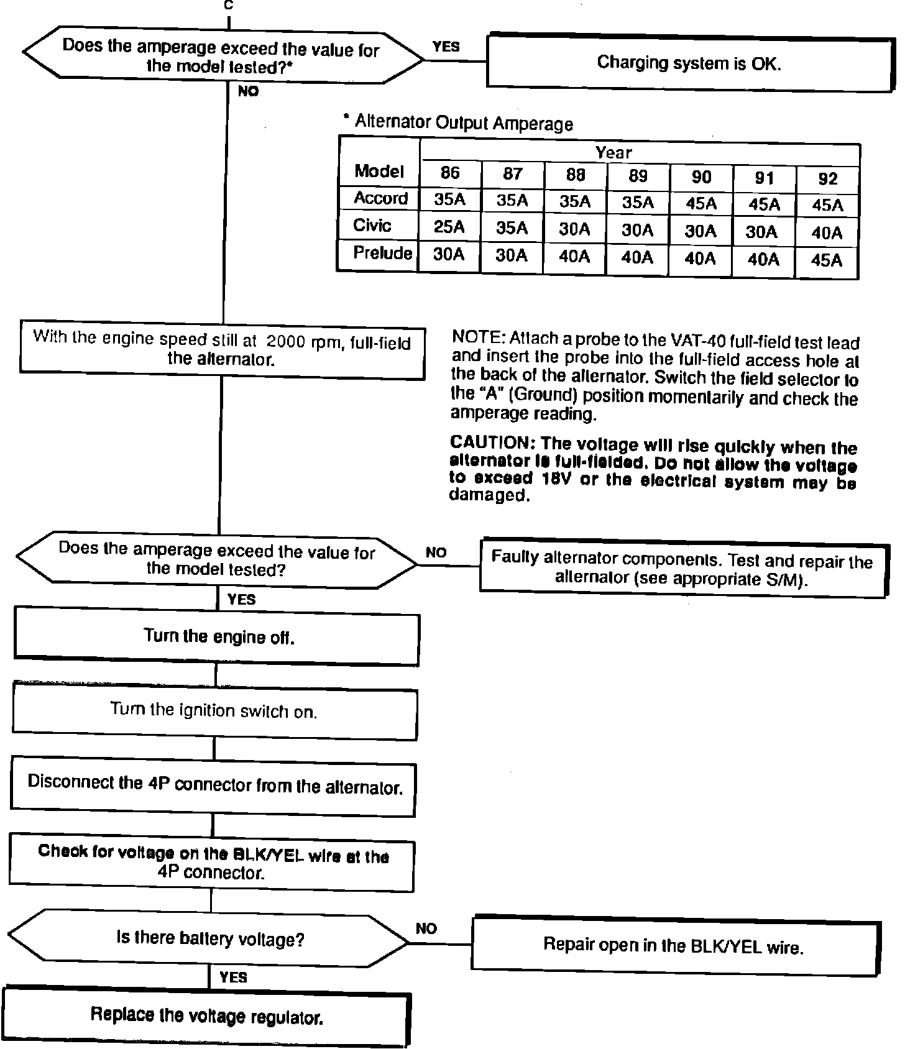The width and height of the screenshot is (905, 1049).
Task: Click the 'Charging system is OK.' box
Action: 689,63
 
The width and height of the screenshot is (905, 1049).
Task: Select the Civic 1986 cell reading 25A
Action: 449,227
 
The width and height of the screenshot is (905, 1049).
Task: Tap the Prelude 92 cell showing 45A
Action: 827,260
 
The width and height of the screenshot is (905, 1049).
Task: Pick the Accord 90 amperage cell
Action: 701,204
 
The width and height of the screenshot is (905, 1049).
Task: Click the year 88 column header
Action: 576,175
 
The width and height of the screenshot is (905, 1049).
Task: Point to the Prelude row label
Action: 382,254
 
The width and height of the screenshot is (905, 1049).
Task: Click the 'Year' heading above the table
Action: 613,153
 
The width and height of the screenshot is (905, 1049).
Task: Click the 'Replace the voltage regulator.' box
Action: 207,1017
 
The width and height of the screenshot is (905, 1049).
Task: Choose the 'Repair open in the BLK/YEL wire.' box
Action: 674,945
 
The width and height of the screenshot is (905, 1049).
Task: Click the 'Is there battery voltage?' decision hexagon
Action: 209,938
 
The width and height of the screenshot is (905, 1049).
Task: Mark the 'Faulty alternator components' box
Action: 682,569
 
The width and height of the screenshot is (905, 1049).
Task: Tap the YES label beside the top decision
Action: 446,47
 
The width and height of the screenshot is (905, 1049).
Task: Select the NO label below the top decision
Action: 248,92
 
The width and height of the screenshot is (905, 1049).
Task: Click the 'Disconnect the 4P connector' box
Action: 215,785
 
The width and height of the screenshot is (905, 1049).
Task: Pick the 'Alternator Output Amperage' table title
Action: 463,123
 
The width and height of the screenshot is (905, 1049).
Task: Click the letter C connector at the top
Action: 229,6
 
